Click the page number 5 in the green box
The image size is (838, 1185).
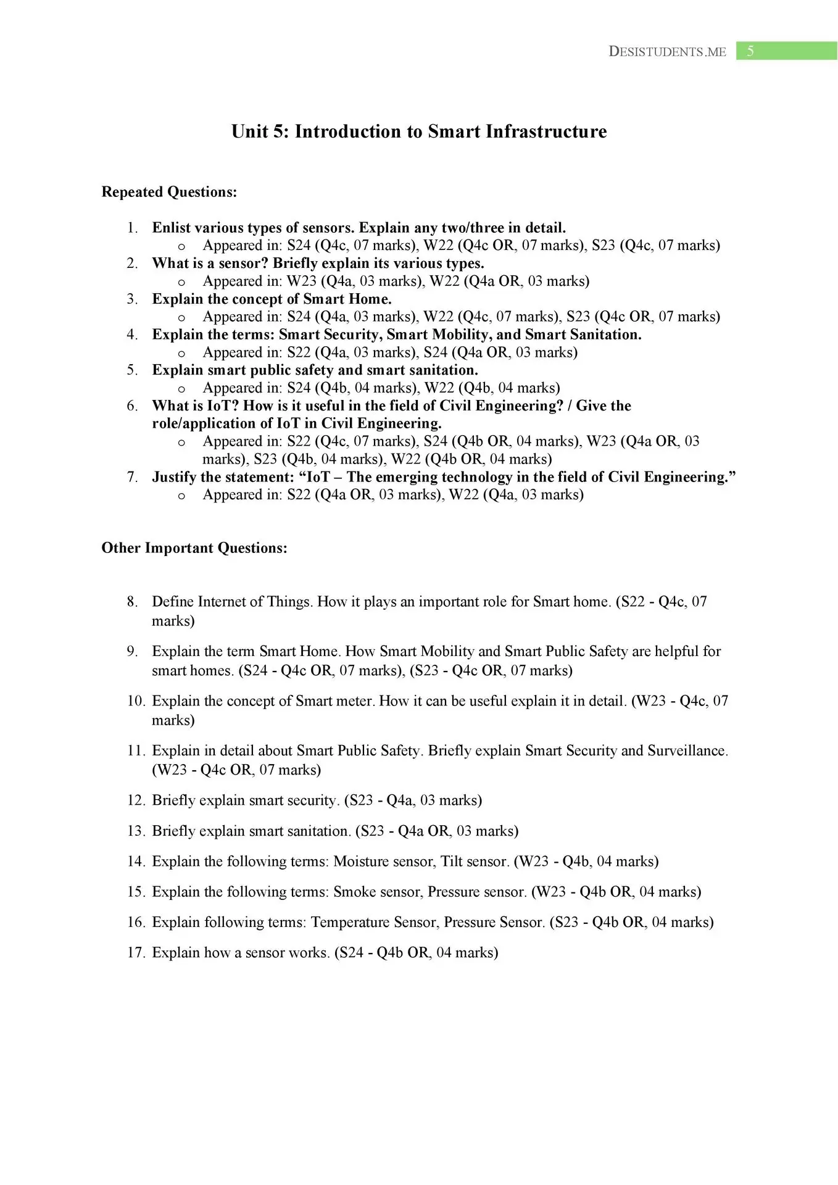(x=750, y=51)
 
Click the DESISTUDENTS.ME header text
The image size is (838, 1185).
(x=667, y=52)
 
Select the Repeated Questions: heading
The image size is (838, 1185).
(x=169, y=192)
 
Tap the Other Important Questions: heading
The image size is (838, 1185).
(x=194, y=548)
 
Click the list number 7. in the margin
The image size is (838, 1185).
(x=132, y=477)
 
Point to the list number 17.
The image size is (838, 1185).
(x=136, y=952)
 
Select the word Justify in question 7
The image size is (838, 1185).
(x=174, y=477)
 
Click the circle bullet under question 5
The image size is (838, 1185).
(x=181, y=389)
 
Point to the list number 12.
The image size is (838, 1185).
(x=136, y=800)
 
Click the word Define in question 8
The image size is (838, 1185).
(x=173, y=602)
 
